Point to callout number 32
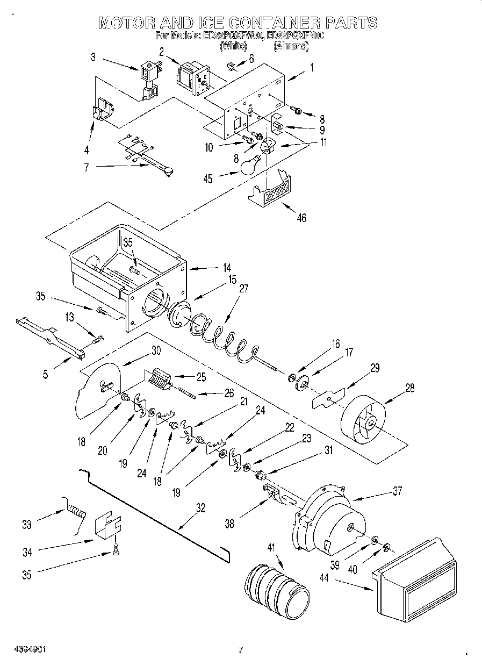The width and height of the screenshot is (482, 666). [x=199, y=507]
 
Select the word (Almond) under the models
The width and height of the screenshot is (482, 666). [x=291, y=47]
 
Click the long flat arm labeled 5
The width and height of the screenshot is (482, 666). [x=51, y=336]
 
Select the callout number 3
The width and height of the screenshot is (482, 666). [x=92, y=55]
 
